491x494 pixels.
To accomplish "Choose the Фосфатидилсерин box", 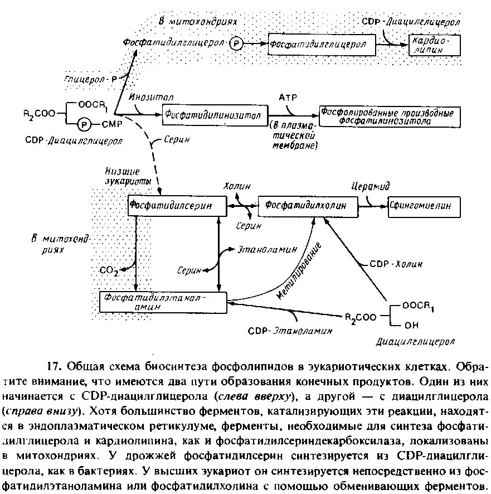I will click(x=177, y=206).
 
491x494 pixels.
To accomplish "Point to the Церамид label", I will click(x=370, y=186).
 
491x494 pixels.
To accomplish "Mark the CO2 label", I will click(x=109, y=271).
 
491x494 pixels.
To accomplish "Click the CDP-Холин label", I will click(x=396, y=263).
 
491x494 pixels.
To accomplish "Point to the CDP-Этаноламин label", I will click(x=290, y=330).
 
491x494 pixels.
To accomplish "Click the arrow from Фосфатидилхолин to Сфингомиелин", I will click(x=372, y=206).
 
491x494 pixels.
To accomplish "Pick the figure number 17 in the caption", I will click(x=54, y=367).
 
